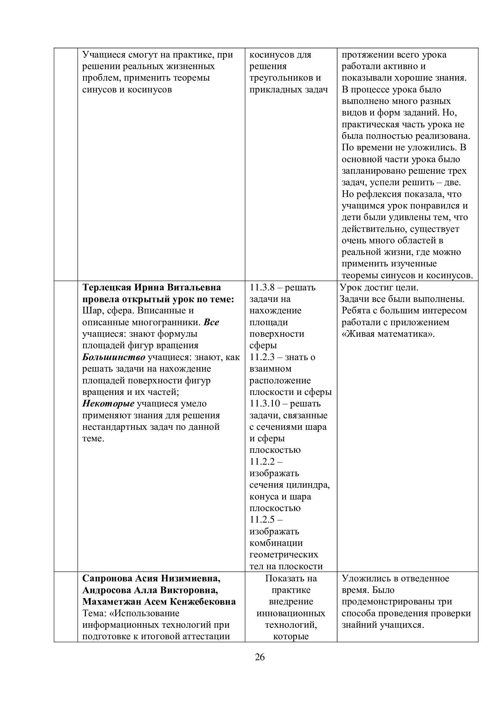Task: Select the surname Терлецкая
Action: coord(105,287)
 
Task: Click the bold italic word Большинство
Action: coord(114,357)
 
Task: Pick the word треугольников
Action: coord(281,78)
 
